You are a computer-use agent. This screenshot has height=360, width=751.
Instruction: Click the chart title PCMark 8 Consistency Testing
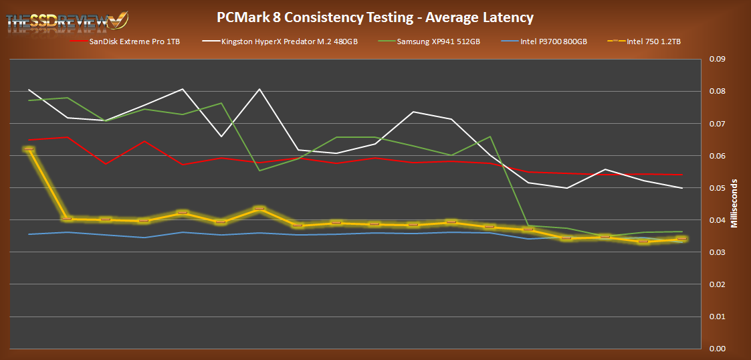375,17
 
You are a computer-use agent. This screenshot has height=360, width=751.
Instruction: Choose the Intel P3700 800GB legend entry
553,41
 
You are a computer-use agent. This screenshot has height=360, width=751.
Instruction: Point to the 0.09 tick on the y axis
717,59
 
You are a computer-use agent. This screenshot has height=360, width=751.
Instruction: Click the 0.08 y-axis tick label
717,91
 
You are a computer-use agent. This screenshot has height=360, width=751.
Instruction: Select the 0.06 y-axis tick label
717,155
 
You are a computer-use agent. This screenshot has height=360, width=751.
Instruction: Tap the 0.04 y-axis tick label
717,219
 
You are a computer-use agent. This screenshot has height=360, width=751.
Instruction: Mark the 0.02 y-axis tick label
717,284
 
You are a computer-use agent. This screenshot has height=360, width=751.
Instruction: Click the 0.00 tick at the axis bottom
717,348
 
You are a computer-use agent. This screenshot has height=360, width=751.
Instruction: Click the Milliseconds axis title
736,203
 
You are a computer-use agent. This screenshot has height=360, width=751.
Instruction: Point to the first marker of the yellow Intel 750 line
29,149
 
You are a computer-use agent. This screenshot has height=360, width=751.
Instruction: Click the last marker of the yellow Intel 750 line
682,239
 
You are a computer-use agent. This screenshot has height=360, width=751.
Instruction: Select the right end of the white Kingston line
682,188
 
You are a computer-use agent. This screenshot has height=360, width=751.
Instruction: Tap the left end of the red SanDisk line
29,140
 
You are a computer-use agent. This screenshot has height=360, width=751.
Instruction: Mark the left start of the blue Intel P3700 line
29,234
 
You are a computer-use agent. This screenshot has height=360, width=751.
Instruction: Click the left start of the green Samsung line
29,100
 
